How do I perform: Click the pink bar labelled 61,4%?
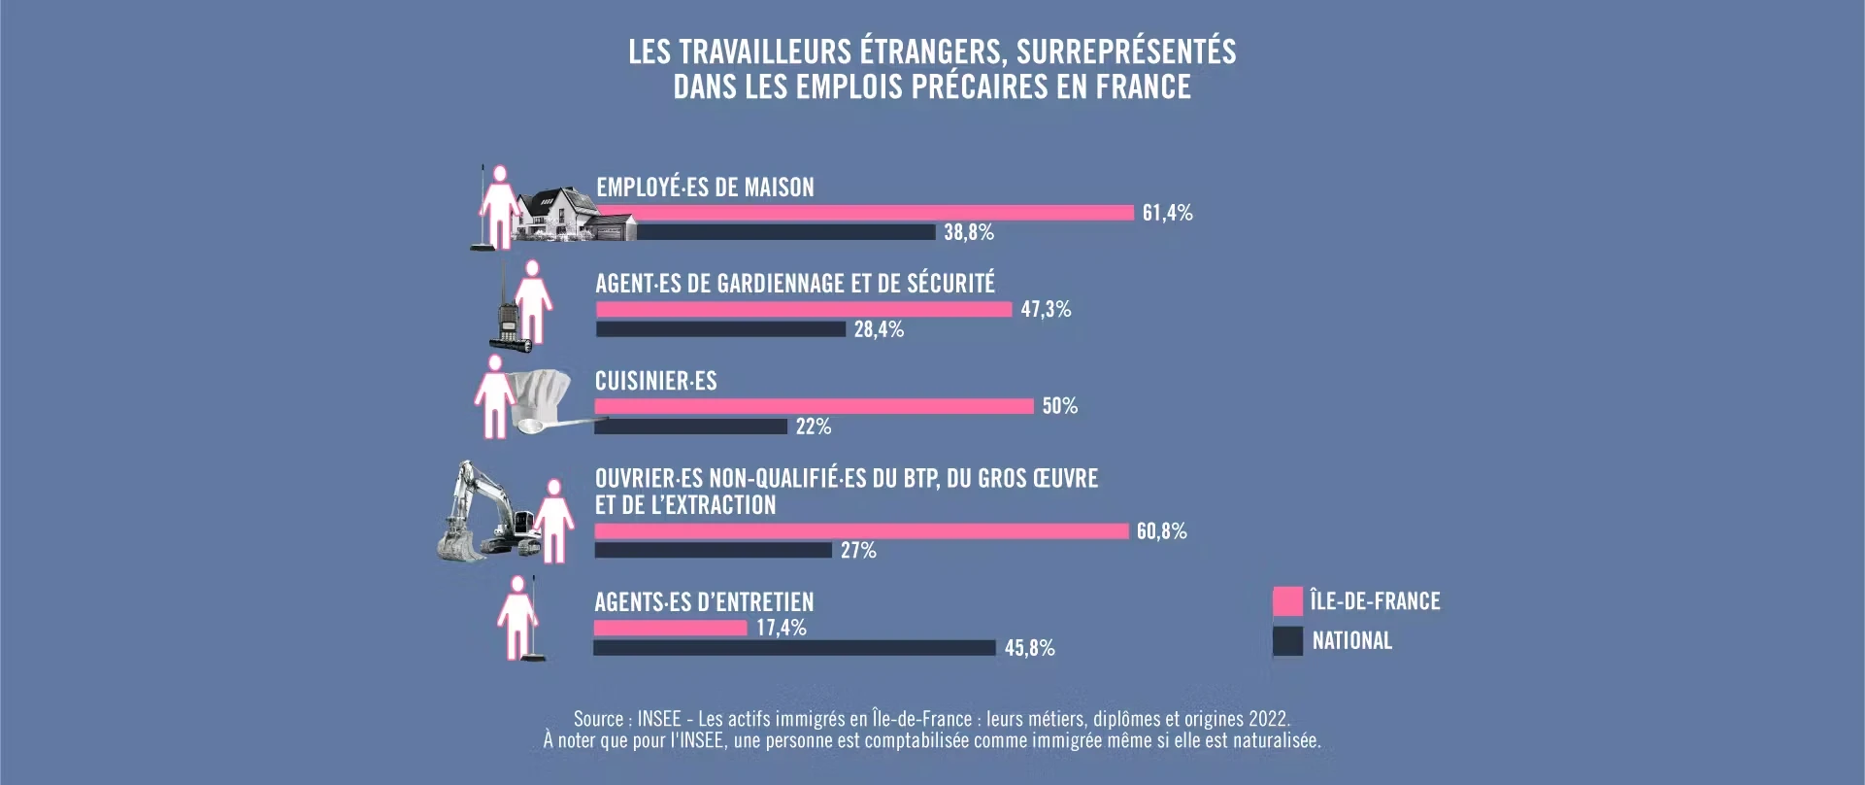[864, 213]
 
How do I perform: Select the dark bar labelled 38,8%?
[786, 232]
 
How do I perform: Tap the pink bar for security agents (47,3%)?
[804, 309]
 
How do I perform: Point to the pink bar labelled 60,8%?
[861, 531]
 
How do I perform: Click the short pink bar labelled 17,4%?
[671, 628]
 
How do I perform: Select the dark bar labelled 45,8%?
[794, 648]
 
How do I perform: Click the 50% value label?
[1060, 406]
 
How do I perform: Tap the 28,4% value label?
[879, 330]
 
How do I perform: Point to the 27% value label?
[858, 551]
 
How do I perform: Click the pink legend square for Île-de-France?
[1287, 601]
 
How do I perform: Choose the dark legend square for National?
[1287, 641]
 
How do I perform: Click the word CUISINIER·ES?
[655, 381]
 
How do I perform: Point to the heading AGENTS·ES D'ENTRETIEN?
[704, 602]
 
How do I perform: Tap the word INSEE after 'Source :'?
[658, 720]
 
